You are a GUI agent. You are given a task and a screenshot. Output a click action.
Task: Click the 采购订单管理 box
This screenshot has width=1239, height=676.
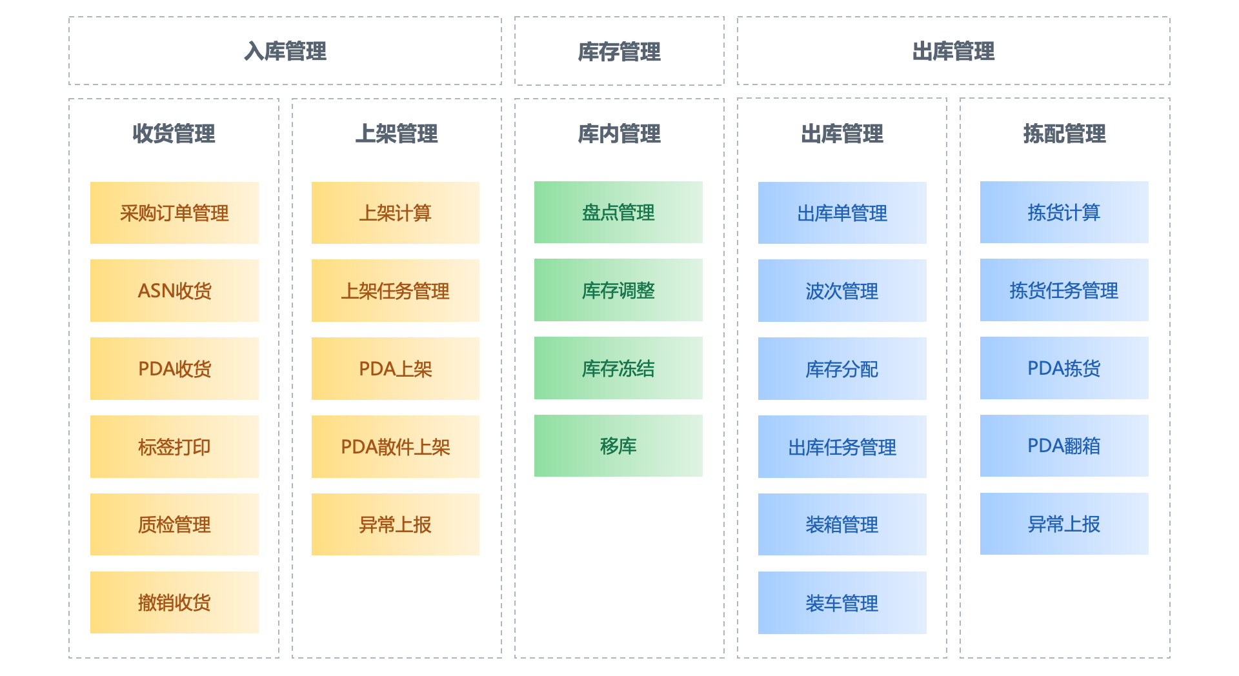coord(174,213)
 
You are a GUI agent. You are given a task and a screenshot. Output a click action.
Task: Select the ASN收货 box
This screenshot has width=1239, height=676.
coord(174,291)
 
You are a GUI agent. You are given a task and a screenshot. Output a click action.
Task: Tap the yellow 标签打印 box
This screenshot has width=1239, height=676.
coord(174,447)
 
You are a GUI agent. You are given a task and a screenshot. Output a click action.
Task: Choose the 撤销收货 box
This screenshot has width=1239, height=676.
coord(174,602)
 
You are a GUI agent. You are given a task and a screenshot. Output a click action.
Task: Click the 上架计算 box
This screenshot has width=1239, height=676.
coord(395,213)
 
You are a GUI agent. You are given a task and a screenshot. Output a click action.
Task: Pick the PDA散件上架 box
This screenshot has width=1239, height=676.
coord(395,447)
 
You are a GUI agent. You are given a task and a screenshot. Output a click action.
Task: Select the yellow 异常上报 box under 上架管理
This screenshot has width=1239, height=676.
coord(395,524)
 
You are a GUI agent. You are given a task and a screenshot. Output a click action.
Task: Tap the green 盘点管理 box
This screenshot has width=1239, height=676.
coord(618,212)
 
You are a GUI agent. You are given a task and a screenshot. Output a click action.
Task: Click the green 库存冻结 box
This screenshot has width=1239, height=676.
coord(618,368)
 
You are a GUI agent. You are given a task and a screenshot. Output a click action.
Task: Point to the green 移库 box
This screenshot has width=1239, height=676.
coord(618,446)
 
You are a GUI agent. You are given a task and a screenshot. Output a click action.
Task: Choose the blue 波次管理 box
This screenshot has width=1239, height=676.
coord(842,291)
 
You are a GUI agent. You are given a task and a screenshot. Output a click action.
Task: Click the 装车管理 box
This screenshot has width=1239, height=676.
coord(842,603)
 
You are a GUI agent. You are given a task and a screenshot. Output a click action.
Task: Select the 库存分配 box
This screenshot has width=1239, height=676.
coord(842,369)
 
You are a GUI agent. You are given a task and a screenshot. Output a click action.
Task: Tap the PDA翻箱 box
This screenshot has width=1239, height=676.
coord(1064,446)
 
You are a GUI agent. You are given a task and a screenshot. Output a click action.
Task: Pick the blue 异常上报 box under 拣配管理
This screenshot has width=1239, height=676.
coord(1064,524)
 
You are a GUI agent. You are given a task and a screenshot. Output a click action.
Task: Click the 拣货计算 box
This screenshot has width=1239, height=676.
coord(1064,212)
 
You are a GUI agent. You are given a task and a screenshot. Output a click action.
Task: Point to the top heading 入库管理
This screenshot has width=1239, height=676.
coord(285,51)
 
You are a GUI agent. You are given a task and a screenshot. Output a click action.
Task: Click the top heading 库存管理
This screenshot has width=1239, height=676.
coord(619,52)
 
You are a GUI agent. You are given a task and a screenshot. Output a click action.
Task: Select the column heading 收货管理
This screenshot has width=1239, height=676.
coord(174,134)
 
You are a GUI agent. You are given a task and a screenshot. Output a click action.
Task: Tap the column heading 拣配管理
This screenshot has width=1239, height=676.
coord(1064,134)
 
